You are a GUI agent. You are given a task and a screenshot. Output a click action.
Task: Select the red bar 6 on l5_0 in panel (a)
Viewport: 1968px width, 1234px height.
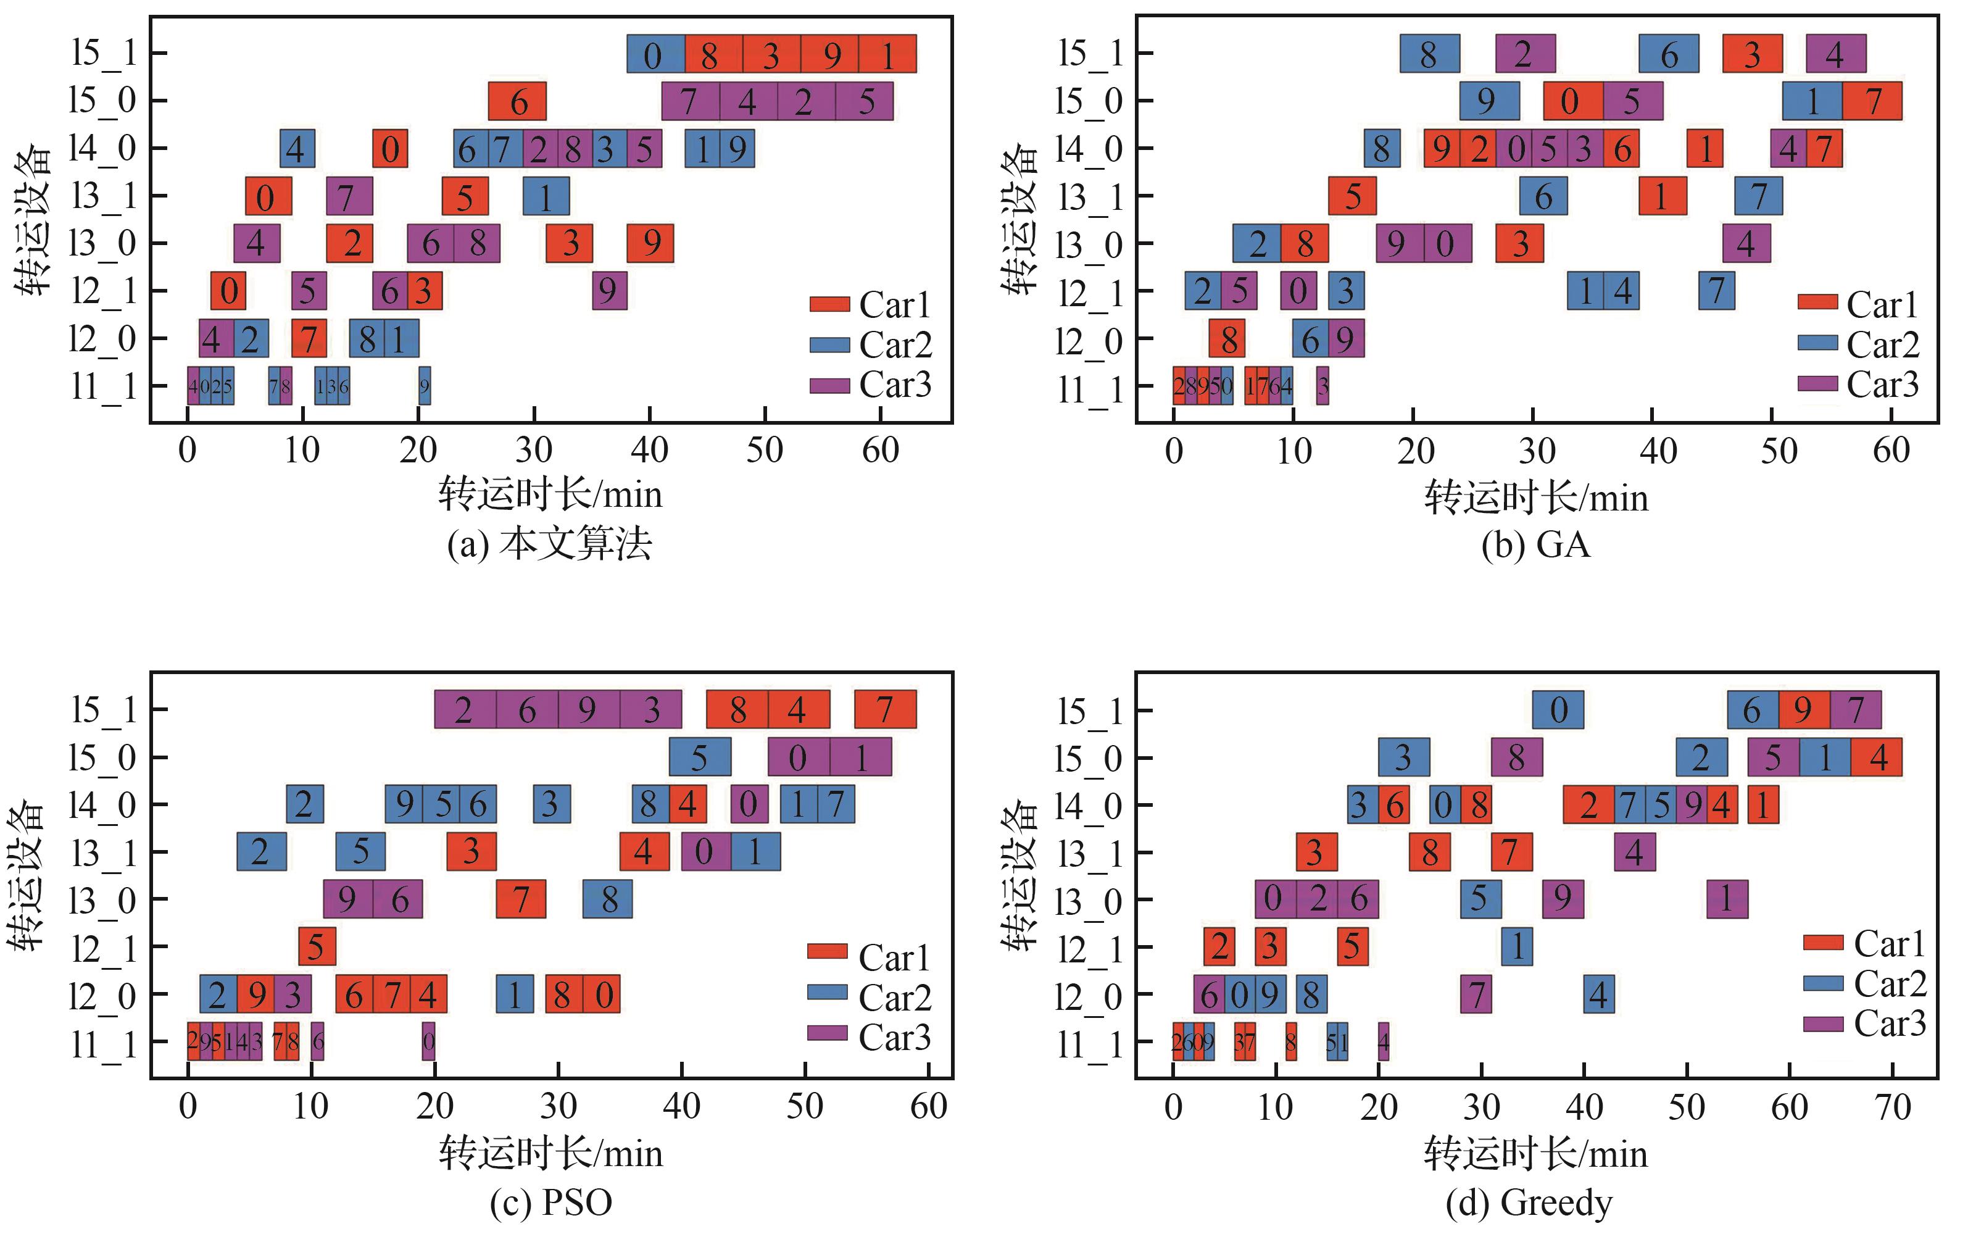517,102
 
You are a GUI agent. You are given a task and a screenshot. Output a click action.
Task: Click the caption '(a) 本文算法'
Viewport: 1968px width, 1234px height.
550,544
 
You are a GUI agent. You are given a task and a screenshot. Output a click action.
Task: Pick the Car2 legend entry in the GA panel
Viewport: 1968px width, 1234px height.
1858,344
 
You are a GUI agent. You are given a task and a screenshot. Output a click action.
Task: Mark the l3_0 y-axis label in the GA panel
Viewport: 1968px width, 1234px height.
1089,244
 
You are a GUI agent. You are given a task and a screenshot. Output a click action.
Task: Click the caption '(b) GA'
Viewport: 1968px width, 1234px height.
1535,544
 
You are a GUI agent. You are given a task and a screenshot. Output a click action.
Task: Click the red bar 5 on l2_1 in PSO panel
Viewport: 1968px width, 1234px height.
317,947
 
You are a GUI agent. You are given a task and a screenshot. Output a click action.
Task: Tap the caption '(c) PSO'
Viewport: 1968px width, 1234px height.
550,1202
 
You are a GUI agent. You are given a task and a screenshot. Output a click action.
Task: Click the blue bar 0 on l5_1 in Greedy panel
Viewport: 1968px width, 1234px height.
1558,710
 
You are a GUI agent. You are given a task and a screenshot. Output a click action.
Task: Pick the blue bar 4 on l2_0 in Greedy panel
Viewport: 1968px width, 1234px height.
1598,995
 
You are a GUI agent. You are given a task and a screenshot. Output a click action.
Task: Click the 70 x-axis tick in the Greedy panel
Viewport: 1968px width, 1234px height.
1893,1107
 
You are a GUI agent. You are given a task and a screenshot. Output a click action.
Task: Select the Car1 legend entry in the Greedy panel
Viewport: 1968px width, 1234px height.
1864,943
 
